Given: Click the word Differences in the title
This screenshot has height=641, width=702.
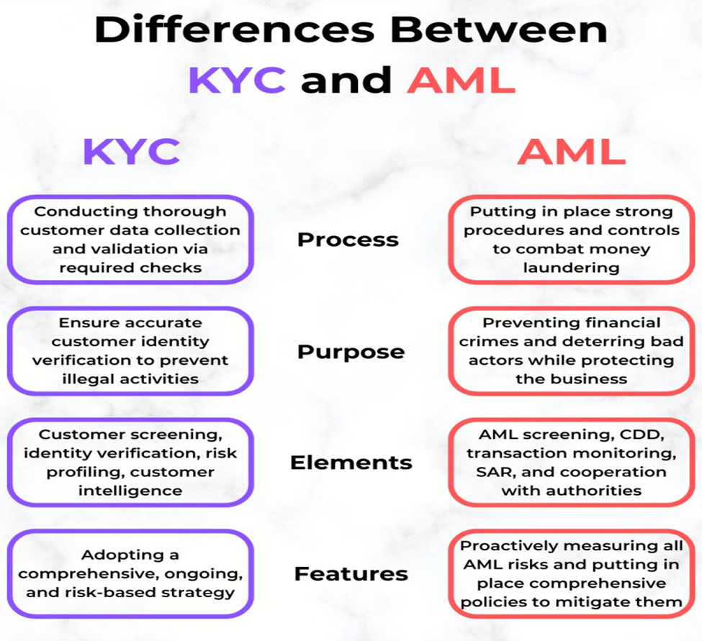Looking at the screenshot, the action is point(234,29).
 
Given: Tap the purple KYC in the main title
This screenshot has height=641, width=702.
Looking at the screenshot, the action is point(237,79).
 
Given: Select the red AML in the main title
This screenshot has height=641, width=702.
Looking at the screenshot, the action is point(461,79).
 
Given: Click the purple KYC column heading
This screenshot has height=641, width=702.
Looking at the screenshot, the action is point(132,152).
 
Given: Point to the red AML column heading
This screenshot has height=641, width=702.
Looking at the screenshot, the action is point(571,152).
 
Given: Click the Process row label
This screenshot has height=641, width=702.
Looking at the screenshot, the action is point(348,240).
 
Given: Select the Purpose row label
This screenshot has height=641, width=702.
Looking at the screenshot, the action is point(351,352).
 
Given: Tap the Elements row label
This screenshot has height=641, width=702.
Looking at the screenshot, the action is point(351,463).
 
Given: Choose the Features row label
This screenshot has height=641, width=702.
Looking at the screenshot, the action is point(351,574).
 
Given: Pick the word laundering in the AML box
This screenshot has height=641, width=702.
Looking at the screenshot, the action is point(571,268).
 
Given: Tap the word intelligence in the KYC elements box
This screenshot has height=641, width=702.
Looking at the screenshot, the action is point(130,491).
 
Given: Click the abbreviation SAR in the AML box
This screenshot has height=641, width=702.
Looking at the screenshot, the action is point(494,472).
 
